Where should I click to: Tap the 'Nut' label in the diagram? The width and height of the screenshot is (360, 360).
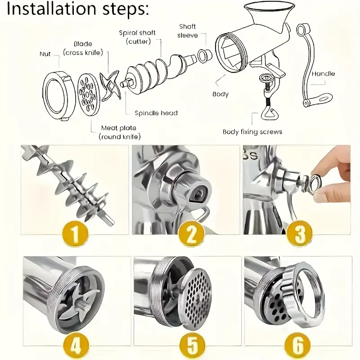(x=45, y=54)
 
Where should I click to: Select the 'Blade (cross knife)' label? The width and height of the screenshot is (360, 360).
(x=83, y=49)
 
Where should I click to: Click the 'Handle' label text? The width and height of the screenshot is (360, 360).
(x=323, y=74)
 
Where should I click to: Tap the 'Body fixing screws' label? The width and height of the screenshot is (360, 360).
(x=252, y=132)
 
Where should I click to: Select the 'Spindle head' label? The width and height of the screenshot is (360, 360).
(x=156, y=113)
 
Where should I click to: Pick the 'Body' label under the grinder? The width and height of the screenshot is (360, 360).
(x=220, y=94)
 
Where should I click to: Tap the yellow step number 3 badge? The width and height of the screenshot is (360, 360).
(x=299, y=234)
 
